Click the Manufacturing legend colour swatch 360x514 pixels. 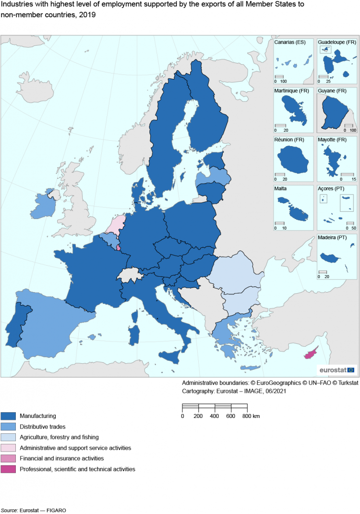click(x=9, y=416)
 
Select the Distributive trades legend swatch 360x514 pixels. click(x=9, y=427)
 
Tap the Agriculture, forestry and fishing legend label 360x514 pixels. click(x=59, y=437)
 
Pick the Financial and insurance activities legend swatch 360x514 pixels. click(x=9, y=458)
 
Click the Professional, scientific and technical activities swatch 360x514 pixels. click(x=9, y=469)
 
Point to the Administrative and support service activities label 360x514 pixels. click(x=75, y=448)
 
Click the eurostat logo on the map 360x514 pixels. click(x=336, y=369)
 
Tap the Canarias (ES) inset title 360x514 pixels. click(x=290, y=43)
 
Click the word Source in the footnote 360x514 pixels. click(x=9, y=510)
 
